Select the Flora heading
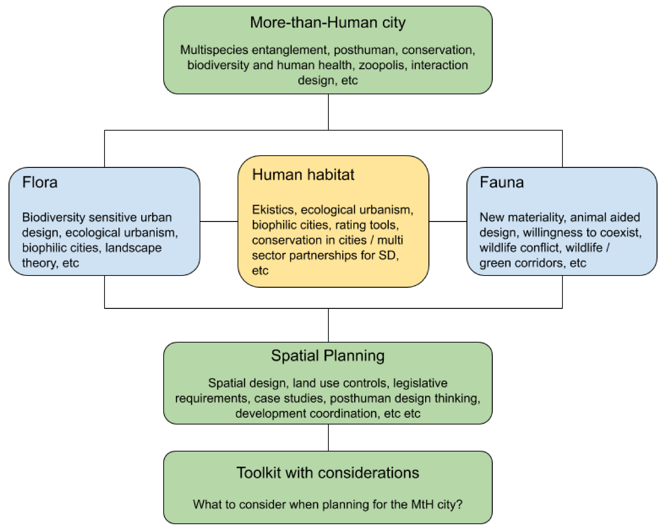[x=40, y=182]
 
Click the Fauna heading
[x=502, y=182]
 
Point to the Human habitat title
[x=303, y=175]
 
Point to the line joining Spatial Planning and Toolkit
[x=328, y=437]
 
